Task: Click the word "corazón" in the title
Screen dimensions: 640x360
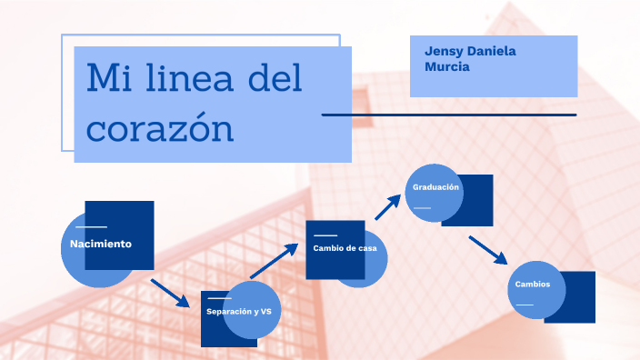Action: (160, 127)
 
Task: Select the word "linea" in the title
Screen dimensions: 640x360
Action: (193, 79)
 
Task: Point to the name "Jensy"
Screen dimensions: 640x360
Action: (444, 51)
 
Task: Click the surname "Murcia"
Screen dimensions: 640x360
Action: (447, 66)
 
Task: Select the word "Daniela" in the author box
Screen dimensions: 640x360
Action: (491, 51)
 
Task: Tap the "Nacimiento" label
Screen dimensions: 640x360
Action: (101, 244)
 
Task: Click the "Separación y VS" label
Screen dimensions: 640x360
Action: (239, 312)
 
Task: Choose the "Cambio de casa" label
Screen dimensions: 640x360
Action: (345, 247)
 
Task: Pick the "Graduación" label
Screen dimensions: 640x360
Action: (436, 187)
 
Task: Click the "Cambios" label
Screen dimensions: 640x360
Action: (532, 284)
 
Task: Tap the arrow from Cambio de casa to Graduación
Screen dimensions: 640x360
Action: (388, 206)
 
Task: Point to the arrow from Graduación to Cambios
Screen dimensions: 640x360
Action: (487, 250)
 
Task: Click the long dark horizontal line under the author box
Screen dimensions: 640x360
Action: (449, 115)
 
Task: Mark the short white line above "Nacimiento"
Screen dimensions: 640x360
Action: (91, 226)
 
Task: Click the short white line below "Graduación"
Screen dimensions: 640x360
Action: (422, 208)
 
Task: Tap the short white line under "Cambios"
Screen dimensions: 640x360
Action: (524, 304)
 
